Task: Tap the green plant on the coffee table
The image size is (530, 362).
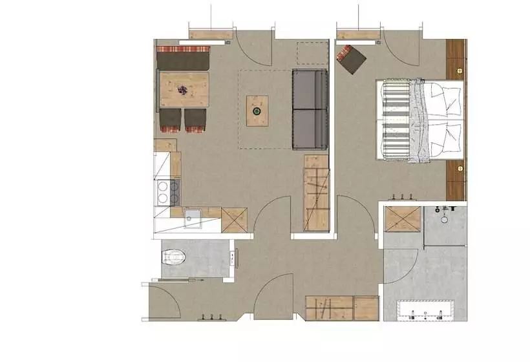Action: pyautogui.click(x=257, y=111)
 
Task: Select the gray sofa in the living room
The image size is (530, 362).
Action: pyautogui.click(x=311, y=109)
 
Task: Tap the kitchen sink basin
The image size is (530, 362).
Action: pyautogui.click(x=192, y=219)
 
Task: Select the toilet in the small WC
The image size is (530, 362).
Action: pyautogui.click(x=173, y=258)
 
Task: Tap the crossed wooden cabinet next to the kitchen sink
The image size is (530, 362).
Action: pyautogui.click(x=234, y=220)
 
